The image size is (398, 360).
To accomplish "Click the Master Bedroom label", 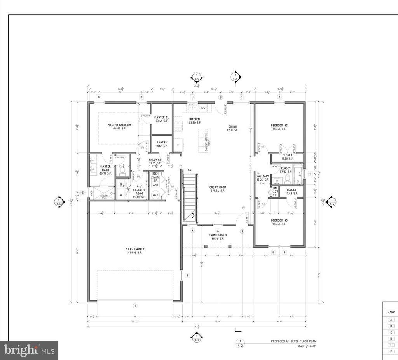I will click(x=119, y=125).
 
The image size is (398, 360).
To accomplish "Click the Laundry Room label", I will click(x=140, y=192).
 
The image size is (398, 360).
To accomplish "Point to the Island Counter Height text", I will click(x=206, y=142).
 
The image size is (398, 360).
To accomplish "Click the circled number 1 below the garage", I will click(x=135, y=306).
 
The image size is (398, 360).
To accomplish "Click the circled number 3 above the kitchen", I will click(x=220, y=97).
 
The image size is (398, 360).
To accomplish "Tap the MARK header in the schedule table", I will click(x=391, y=312).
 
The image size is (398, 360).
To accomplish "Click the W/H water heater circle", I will click(x=155, y=195).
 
